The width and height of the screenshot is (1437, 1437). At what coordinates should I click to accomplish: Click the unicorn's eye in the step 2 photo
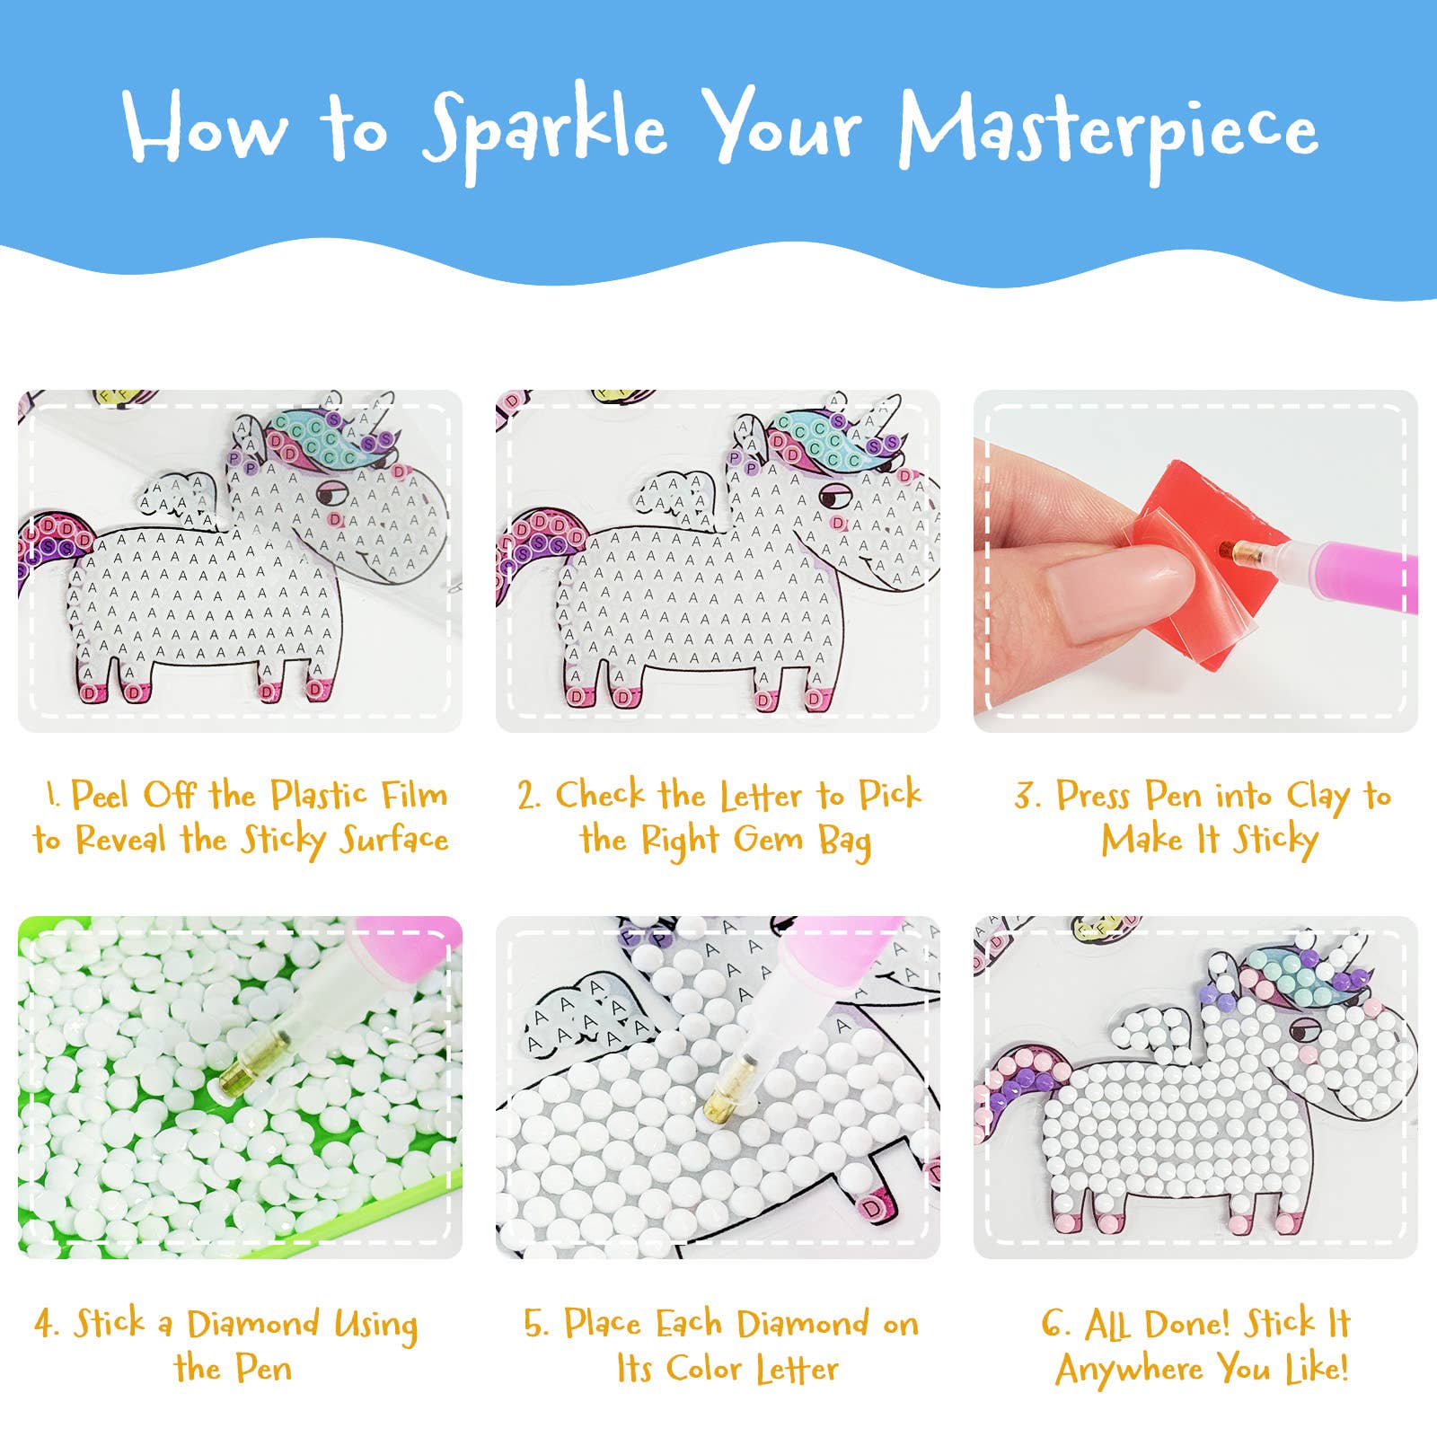click(835, 495)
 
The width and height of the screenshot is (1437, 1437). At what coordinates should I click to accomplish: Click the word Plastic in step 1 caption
click(319, 796)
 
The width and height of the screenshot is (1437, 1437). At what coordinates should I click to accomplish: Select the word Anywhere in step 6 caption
click(1129, 1370)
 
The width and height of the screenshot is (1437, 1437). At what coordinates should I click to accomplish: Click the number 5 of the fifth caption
click(535, 1325)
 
